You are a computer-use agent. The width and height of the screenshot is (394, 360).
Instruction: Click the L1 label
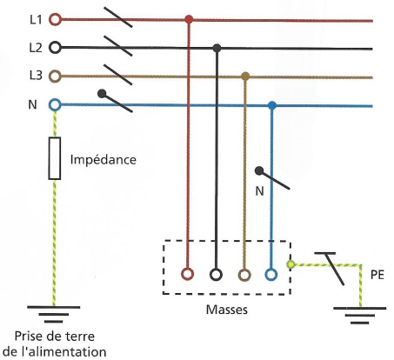click(x=36, y=20)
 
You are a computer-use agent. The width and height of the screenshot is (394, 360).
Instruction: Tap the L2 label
click(x=36, y=48)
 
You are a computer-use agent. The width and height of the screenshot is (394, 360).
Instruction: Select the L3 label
click(x=36, y=76)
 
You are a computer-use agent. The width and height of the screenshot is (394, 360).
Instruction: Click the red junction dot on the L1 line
click(x=189, y=20)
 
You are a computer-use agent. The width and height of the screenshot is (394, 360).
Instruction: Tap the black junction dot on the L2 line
click(x=217, y=48)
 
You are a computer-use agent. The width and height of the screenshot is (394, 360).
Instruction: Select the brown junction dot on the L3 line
click(x=245, y=77)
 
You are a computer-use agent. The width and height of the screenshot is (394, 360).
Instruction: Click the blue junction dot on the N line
click(x=271, y=105)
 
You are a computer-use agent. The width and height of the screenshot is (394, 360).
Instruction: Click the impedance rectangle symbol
click(x=55, y=158)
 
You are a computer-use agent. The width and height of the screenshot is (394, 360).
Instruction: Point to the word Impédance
click(x=104, y=160)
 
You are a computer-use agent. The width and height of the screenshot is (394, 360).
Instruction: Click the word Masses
click(x=227, y=310)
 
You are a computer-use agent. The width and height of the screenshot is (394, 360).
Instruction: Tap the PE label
click(x=377, y=275)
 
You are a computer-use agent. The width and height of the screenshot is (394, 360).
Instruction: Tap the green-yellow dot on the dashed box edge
click(x=290, y=264)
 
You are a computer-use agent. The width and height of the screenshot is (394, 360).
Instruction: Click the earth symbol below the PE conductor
click(x=360, y=316)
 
